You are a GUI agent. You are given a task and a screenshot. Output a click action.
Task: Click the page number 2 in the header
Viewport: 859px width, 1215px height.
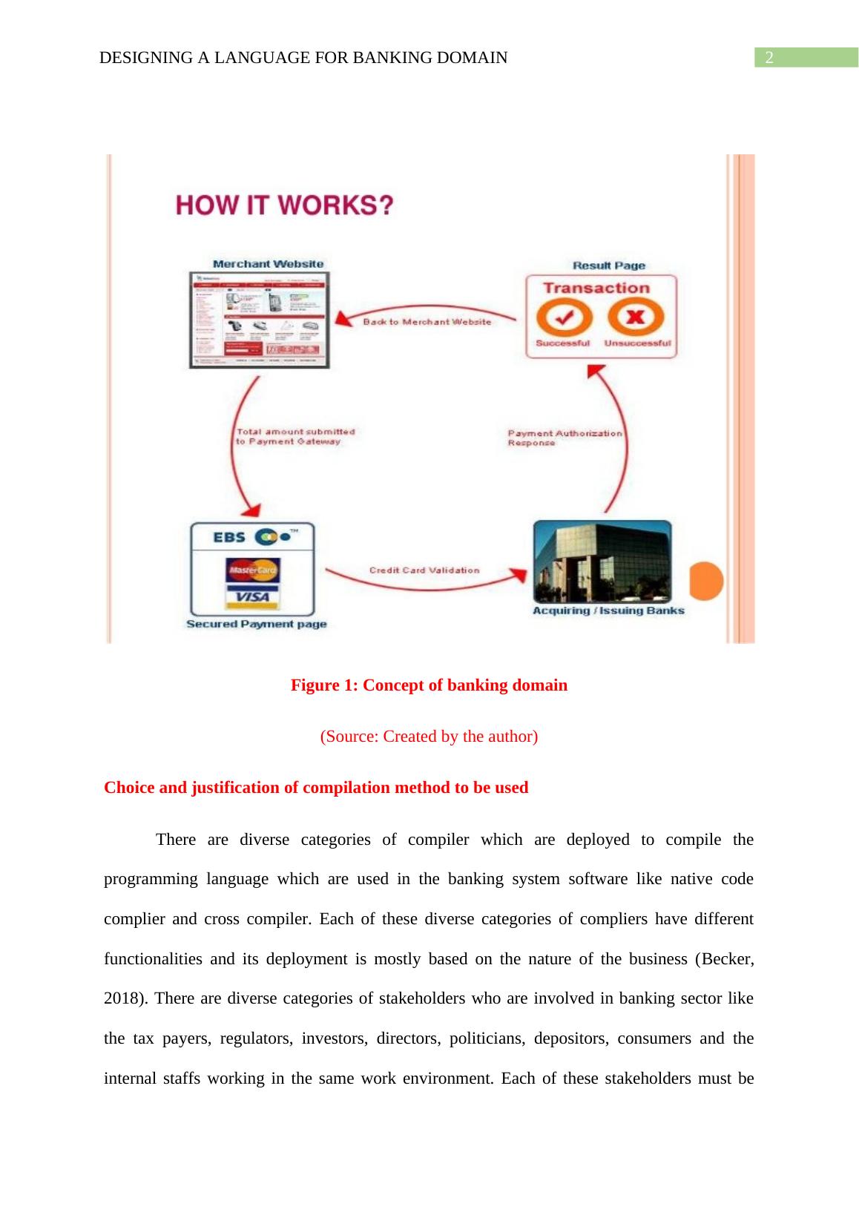tap(769, 58)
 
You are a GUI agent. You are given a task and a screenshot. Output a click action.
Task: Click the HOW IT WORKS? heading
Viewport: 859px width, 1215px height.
tap(283, 205)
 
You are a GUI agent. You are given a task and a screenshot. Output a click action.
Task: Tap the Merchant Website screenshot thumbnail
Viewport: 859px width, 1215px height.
tap(259, 320)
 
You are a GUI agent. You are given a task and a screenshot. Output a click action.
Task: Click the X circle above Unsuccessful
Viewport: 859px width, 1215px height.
tap(636, 318)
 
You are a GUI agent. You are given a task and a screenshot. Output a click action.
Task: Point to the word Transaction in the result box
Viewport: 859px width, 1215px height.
tap(596, 288)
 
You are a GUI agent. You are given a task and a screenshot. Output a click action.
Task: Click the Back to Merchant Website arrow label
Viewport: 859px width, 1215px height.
tap(427, 322)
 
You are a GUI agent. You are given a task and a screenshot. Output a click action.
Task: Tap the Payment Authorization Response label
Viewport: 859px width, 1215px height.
tap(565, 438)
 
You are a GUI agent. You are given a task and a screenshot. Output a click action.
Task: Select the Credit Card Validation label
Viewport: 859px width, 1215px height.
tap(424, 570)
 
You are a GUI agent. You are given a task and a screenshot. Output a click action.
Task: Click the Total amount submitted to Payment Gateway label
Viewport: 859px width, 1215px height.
tap(294, 436)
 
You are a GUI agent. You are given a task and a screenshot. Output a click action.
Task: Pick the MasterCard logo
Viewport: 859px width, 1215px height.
tap(252, 570)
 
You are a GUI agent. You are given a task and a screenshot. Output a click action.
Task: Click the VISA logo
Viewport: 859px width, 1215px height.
tap(252, 596)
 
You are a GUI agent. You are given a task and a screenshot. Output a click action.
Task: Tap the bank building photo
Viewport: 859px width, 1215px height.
tap(602, 562)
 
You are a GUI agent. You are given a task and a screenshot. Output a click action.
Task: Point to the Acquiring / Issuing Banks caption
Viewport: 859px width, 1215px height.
tap(608, 610)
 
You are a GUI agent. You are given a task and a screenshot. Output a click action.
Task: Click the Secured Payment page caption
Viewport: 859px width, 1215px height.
tap(256, 624)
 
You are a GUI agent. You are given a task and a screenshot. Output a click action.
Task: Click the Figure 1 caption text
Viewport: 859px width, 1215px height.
tap(429, 685)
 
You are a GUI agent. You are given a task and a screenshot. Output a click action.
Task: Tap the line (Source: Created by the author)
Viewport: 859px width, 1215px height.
tap(429, 737)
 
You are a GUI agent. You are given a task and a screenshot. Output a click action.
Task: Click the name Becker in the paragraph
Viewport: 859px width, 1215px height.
tap(725, 958)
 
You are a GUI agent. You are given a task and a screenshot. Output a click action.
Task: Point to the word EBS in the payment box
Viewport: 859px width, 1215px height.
tap(229, 537)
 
